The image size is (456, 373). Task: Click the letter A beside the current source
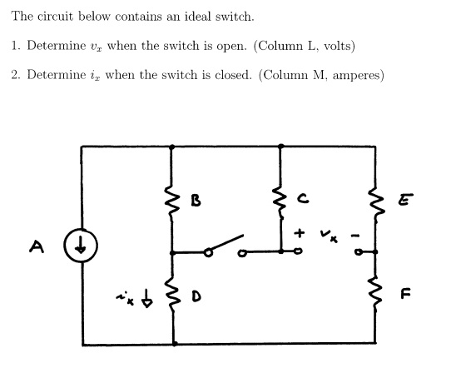[36, 246]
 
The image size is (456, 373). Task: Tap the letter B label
[196, 200]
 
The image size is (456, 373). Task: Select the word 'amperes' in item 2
[354, 75]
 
